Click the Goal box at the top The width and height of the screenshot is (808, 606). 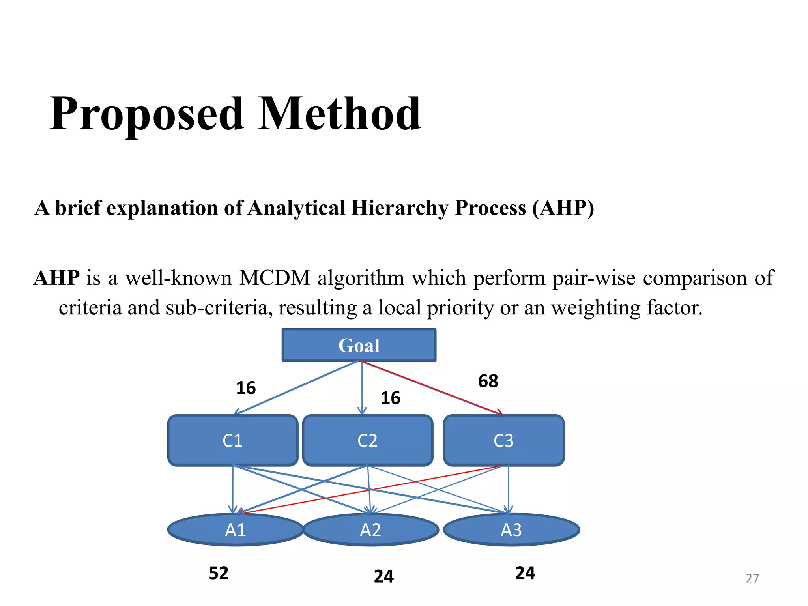(359, 345)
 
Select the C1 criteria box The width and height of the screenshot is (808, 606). (232, 440)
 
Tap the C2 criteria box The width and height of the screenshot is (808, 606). (367, 440)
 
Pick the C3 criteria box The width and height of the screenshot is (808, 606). (503, 440)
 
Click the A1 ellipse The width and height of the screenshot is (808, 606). (235, 530)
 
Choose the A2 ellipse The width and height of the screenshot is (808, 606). (370, 530)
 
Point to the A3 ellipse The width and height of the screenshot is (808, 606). (511, 530)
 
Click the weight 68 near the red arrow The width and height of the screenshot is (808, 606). (488, 381)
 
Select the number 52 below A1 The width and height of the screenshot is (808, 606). (219, 573)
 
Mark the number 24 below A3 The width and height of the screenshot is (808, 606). (525, 573)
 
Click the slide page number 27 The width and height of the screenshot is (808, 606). (752, 578)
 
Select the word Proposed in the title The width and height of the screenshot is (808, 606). (146, 114)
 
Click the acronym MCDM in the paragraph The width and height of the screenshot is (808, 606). (275, 278)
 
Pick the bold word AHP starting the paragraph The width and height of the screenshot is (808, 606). (57, 278)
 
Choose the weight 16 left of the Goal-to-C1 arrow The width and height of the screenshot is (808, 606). (246, 388)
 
